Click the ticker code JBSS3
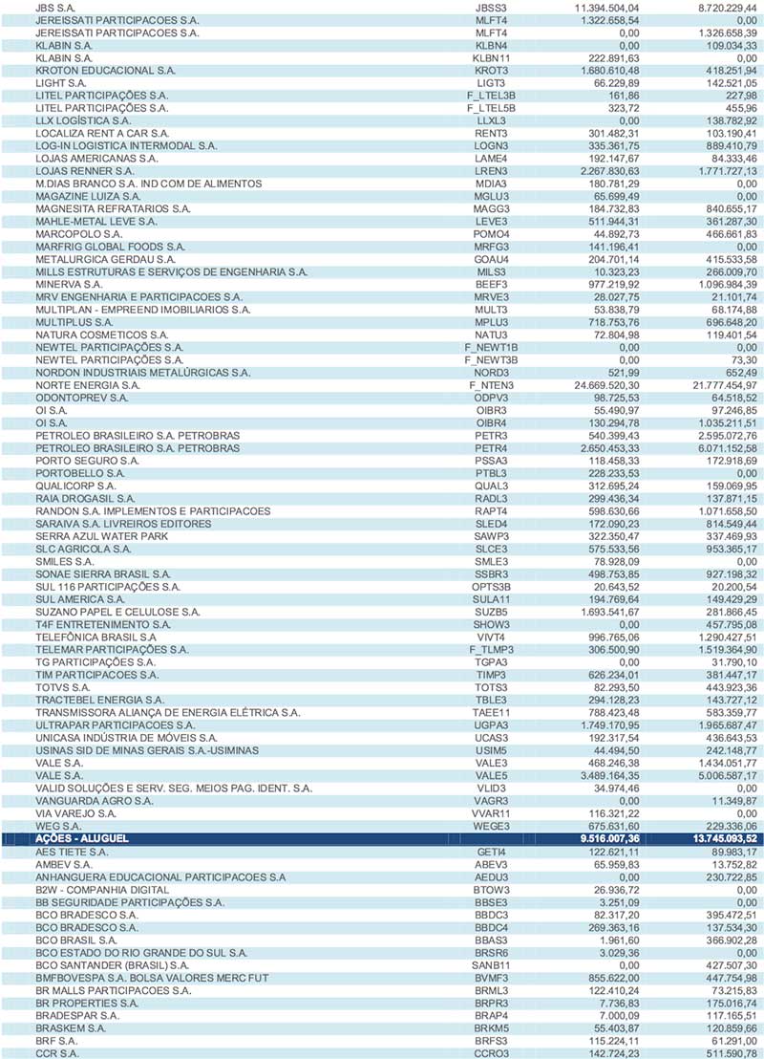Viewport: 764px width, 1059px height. tap(491, 8)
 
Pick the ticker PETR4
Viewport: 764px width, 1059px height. tap(491, 448)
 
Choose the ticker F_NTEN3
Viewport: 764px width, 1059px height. tap(491, 385)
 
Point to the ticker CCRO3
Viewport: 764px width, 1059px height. tap(491, 1052)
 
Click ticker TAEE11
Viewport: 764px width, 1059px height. tap(491, 712)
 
